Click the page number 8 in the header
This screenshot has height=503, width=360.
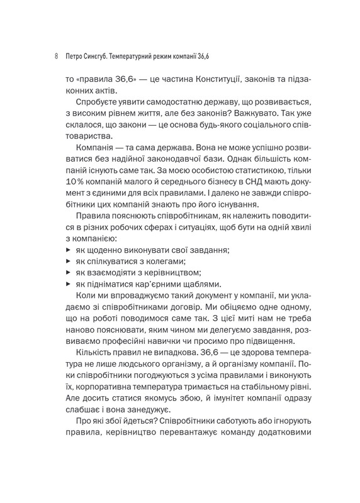57,56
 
